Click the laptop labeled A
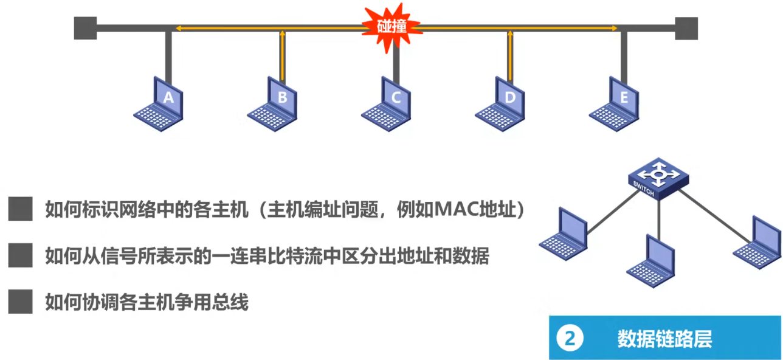[x=159, y=104]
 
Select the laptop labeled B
[x=272, y=104]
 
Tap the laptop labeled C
[x=387, y=104]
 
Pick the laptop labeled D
[x=500, y=104]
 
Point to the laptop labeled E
[x=614, y=104]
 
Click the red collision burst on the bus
[x=392, y=27]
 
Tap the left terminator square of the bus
[x=85, y=28]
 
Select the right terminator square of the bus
[x=686, y=28]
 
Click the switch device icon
[x=658, y=179]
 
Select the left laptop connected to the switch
[x=564, y=234]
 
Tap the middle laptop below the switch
[x=651, y=261]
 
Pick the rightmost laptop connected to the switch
[x=757, y=243]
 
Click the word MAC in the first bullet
[x=455, y=209]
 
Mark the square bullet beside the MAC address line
[x=21, y=209]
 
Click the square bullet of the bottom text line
[x=21, y=301]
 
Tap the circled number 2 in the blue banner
[x=570, y=338]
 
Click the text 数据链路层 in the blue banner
[x=664, y=338]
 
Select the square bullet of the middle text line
[x=21, y=255]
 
